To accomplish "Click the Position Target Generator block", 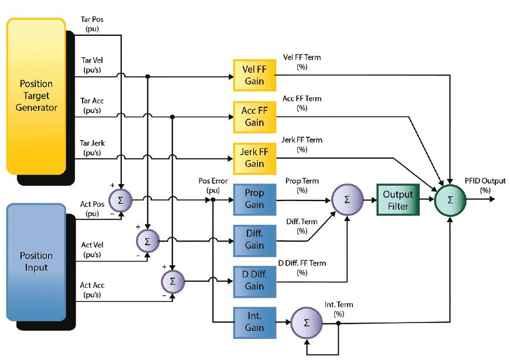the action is (36, 96).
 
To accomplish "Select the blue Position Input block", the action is (36, 262).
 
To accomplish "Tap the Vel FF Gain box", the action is (254, 75).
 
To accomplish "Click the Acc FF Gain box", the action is (254, 117).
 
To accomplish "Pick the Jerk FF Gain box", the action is (254, 158).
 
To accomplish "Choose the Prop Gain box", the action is (254, 199).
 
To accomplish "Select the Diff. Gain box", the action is (254, 240).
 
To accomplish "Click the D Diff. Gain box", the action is (254, 281).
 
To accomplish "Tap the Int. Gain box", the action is (254, 322).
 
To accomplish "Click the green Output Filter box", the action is (398, 200).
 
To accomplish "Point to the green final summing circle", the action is (450, 200).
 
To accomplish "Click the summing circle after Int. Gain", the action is (307, 322).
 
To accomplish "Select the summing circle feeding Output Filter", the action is (347, 200).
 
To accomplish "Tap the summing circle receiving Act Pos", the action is (121, 201).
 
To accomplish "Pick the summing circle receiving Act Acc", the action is (172, 281).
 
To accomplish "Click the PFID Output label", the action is (485, 185).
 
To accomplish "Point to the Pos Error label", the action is (213, 185).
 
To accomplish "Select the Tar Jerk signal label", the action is (92, 148).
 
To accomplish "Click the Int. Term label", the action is (339, 309).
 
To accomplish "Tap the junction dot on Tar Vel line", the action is (147, 76).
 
